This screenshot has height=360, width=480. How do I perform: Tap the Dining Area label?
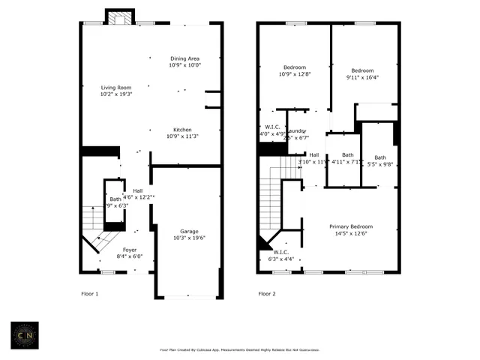(184, 61)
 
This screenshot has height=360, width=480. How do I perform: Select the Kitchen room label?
(183, 133)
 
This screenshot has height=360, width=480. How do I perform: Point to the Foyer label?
(130, 252)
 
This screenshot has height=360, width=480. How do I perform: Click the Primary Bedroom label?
(351, 229)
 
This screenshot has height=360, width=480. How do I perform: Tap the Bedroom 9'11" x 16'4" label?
(363, 73)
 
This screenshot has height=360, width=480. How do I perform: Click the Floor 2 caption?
(267, 293)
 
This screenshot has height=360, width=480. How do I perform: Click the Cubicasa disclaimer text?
(239, 349)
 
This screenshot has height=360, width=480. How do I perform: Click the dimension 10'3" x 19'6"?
(188, 238)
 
